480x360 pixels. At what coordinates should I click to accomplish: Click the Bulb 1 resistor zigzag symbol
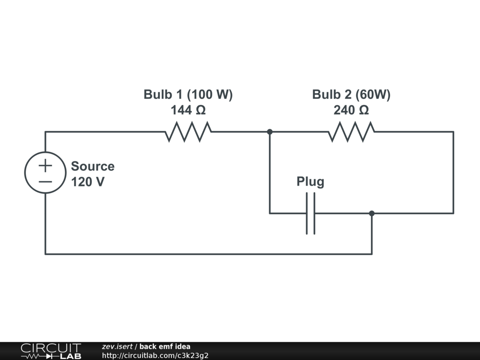click(x=188, y=132)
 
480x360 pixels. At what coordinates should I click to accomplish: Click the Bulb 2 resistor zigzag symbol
click(x=351, y=132)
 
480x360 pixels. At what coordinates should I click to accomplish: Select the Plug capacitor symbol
click(x=311, y=213)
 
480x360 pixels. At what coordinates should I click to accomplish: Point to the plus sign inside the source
click(x=45, y=165)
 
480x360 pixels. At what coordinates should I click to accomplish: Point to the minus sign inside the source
click(x=45, y=181)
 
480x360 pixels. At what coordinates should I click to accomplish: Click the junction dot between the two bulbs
click(x=270, y=132)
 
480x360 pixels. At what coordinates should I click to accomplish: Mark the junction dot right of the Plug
click(x=372, y=213)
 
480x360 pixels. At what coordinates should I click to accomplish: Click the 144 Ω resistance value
click(x=188, y=111)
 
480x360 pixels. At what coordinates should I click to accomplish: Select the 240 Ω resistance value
click(x=351, y=111)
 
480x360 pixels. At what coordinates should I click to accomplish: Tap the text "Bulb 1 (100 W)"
click(x=188, y=95)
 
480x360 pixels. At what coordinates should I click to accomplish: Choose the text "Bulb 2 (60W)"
click(x=351, y=95)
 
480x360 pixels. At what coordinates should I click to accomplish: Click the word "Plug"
click(x=310, y=182)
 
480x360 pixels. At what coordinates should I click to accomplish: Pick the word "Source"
click(x=92, y=166)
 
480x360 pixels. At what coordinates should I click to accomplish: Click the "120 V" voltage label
click(x=88, y=182)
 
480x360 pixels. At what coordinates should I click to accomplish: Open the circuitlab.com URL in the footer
click(x=155, y=355)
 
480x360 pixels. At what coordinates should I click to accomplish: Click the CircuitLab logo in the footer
click(x=51, y=351)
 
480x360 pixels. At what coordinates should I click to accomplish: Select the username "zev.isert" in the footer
click(x=117, y=347)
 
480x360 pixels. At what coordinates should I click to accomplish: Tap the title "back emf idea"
click(x=165, y=347)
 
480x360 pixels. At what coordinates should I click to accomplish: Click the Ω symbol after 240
click(x=364, y=111)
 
